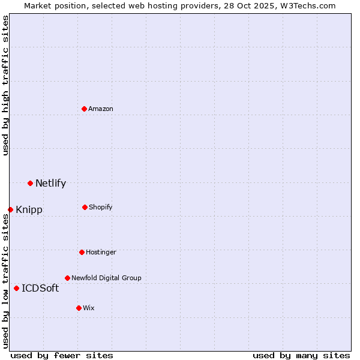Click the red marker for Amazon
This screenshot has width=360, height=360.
(x=85, y=109)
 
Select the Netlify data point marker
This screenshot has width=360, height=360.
(x=30, y=183)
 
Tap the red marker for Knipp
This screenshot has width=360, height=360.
(x=10, y=209)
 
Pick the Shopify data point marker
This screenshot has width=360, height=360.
(x=85, y=207)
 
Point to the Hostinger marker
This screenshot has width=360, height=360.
(x=82, y=252)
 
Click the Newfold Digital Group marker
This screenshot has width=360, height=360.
(x=67, y=278)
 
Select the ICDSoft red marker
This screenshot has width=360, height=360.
(x=16, y=288)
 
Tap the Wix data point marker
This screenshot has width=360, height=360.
(x=79, y=308)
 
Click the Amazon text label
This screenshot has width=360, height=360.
(x=101, y=109)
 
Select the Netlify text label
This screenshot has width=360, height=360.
(x=50, y=184)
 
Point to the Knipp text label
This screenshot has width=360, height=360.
(x=29, y=210)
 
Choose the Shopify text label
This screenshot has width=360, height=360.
(x=100, y=207)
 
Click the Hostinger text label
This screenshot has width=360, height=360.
(x=101, y=252)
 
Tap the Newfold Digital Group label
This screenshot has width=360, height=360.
(x=106, y=278)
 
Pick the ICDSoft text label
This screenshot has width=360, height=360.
(x=40, y=289)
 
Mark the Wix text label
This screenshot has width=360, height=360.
(x=89, y=308)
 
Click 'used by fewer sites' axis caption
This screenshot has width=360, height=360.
(x=62, y=355)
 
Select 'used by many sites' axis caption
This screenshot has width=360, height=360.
(x=301, y=355)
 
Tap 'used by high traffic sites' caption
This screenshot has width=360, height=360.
(x=5, y=85)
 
